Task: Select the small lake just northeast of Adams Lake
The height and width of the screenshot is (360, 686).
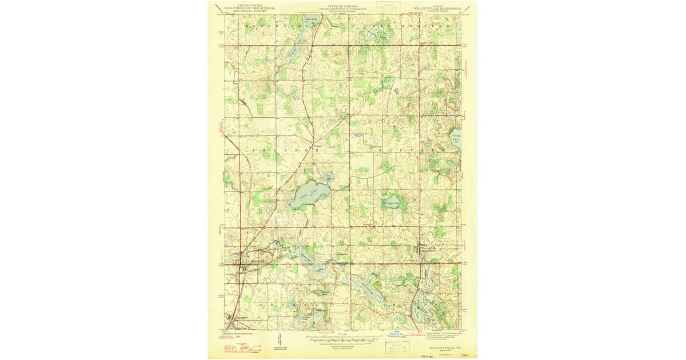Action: point(329,177)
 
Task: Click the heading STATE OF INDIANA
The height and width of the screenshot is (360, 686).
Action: point(343,5)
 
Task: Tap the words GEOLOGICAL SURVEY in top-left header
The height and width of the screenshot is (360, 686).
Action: point(249,11)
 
